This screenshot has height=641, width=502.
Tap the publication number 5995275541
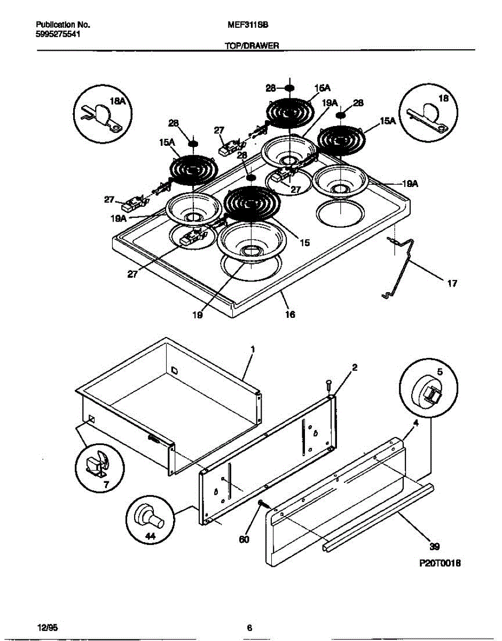click(58, 33)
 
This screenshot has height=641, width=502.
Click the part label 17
click(452, 284)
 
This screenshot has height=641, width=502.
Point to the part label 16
click(289, 315)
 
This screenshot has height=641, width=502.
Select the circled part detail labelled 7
click(99, 465)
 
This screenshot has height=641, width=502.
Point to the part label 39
click(434, 546)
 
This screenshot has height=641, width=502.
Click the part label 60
click(244, 540)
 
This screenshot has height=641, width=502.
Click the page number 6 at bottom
click(249, 628)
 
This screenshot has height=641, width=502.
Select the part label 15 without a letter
click(304, 243)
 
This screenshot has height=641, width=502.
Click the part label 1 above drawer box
click(253, 349)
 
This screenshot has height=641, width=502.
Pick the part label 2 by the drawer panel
click(354, 367)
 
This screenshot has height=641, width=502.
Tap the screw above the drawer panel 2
click(328, 384)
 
